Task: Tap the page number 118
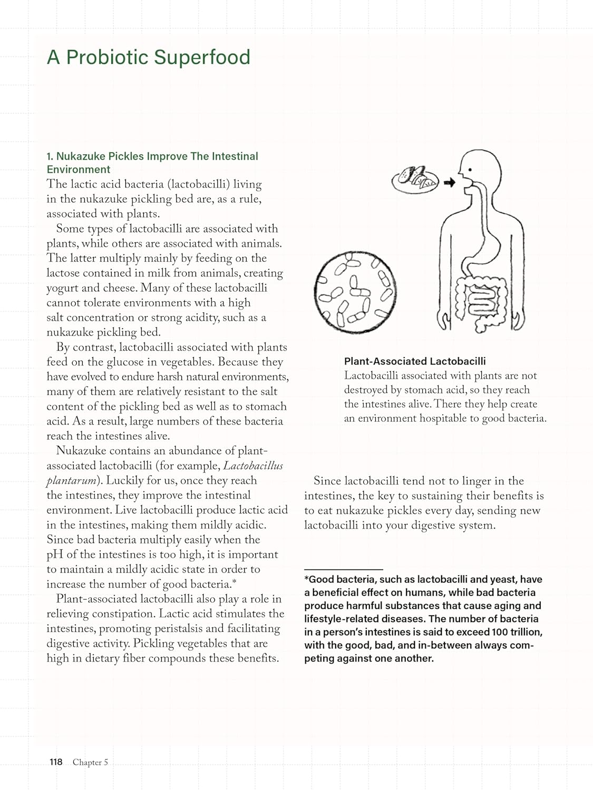(x=56, y=762)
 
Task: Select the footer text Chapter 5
(x=90, y=762)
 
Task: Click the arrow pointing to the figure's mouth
(x=449, y=183)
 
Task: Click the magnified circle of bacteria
(x=355, y=291)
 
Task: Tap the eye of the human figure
(x=470, y=170)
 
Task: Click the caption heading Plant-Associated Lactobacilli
(x=415, y=361)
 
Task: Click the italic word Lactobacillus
(x=253, y=466)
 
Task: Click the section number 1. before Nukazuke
(x=50, y=156)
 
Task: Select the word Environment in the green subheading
(x=79, y=170)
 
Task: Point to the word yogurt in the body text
(x=62, y=288)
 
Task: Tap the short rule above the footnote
(x=343, y=569)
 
